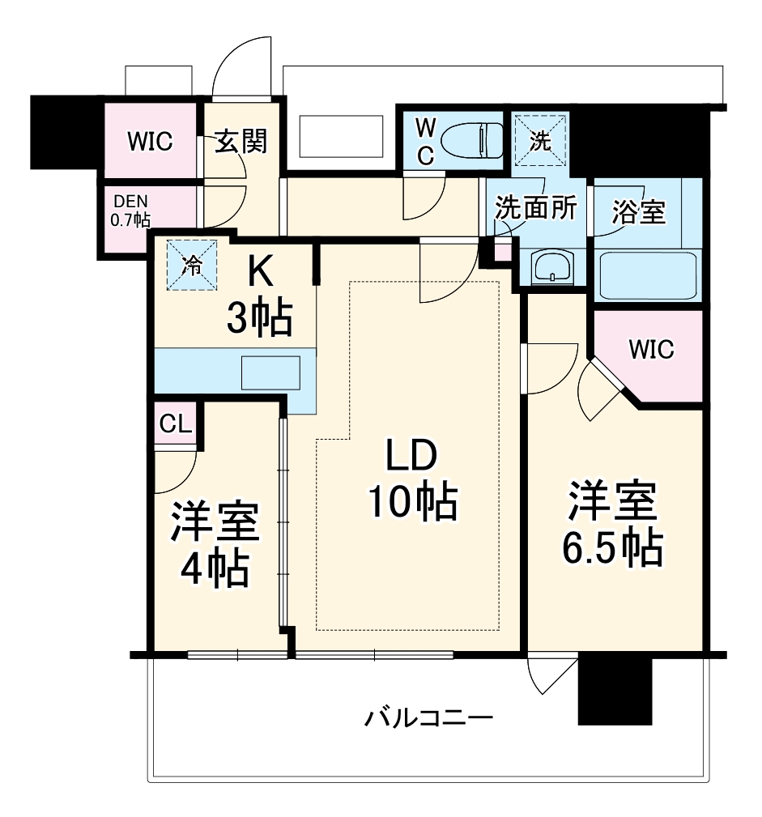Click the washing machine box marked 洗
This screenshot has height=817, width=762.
coord(540,139)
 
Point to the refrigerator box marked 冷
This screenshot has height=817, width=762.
coord(194,265)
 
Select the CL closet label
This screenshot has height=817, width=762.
coord(175,423)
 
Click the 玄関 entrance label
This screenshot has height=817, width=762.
coord(241,142)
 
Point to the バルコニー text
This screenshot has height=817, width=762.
coord(428,717)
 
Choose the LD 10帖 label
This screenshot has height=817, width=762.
coord(411,480)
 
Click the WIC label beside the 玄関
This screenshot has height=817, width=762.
coord(150,142)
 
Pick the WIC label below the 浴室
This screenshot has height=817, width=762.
coord(651,350)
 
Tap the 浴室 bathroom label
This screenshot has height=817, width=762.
coord(638,212)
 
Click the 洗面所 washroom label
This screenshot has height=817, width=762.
coord(535,208)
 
